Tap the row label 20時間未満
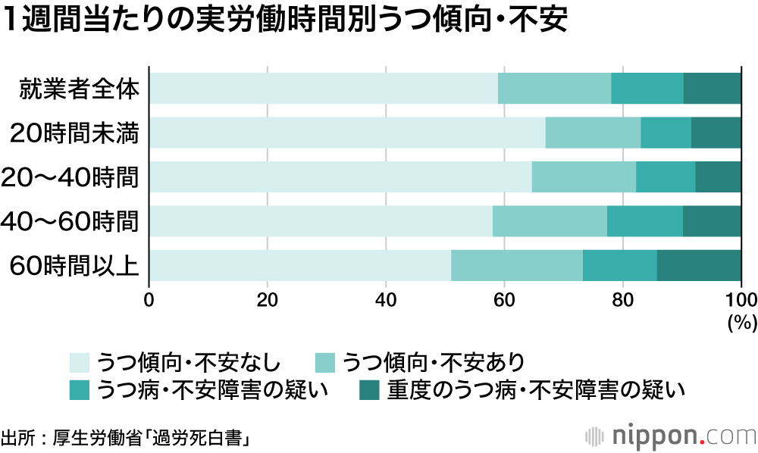(78, 133)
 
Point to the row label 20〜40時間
(71, 177)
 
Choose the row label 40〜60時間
(71, 222)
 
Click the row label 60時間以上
(74, 266)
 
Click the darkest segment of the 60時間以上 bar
(699, 265)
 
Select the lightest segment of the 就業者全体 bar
(324, 88)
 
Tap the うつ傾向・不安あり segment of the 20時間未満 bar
(593, 133)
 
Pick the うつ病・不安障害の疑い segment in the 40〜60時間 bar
(644, 221)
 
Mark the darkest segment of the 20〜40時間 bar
(718, 177)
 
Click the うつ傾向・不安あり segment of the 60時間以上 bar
(517, 265)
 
